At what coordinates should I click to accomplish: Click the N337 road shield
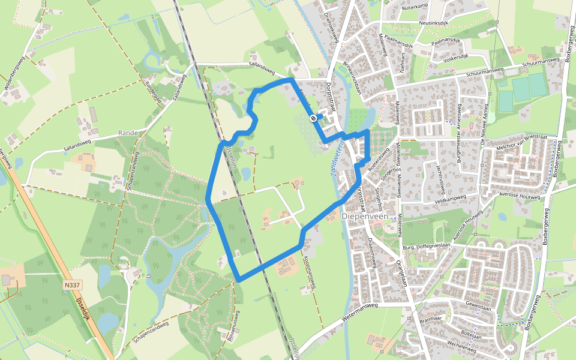(73, 286)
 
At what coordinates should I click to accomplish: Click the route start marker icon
(313, 118)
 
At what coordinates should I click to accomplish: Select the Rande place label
(128, 133)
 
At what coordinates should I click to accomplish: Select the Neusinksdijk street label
(426, 23)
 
